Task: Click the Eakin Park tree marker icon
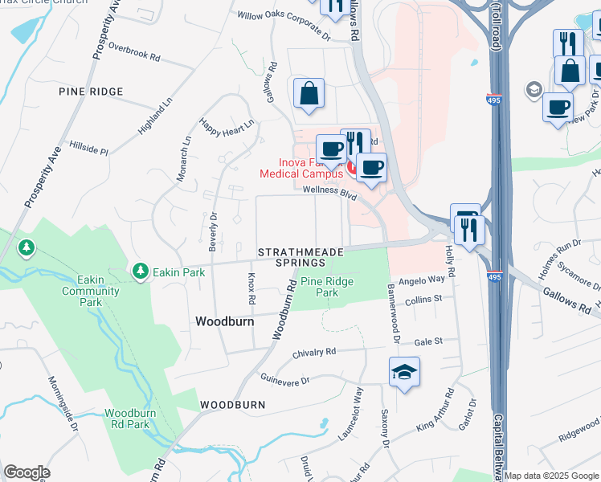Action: point(141,272)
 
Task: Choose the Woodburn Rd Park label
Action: point(127,419)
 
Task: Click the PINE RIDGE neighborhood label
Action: point(91,92)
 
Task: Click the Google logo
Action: point(27,472)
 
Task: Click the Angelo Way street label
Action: point(422,280)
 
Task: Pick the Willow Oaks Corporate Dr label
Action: point(284,25)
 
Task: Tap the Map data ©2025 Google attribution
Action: point(551,476)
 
